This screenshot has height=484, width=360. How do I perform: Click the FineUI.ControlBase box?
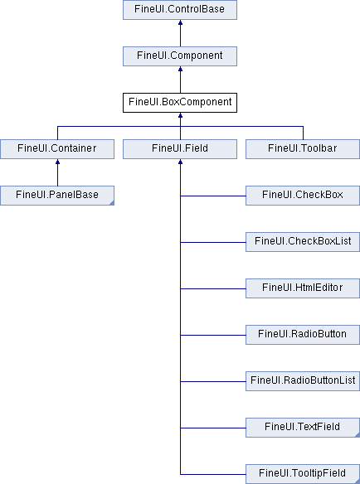click(x=180, y=10)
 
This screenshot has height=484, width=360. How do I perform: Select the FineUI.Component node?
click(x=180, y=56)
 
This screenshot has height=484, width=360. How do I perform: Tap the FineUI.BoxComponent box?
click(x=180, y=103)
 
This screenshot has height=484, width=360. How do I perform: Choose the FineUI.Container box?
click(x=57, y=149)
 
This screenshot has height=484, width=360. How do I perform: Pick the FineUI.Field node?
click(x=180, y=149)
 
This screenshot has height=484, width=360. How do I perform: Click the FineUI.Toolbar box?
click(x=303, y=149)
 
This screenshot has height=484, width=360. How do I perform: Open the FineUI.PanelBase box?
click(x=57, y=196)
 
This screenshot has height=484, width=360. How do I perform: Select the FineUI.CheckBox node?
click(x=303, y=196)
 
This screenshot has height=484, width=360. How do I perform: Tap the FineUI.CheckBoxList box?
click(x=303, y=242)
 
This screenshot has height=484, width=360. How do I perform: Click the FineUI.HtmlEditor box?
click(x=303, y=288)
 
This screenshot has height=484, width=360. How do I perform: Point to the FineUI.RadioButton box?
click(x=303, y=335)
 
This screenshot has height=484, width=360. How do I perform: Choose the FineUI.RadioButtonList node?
click(x=303, y=381)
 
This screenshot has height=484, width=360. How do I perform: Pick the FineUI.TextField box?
click(x=303, y=428)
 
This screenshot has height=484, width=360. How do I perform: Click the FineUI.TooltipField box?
click(x=303, y=474)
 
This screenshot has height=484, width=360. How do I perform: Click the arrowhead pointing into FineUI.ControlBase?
click(x=181, y=22)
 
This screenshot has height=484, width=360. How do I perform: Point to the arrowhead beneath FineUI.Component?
click(x=181, y=69)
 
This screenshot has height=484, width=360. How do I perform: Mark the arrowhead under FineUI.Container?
click(x=57, y=162)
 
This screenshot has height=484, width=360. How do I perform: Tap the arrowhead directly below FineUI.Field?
click(x=181, y=162)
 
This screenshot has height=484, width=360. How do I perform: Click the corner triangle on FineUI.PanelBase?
click(x=111, y=203)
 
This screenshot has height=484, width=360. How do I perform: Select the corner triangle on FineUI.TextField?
click(x=358, y=435)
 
